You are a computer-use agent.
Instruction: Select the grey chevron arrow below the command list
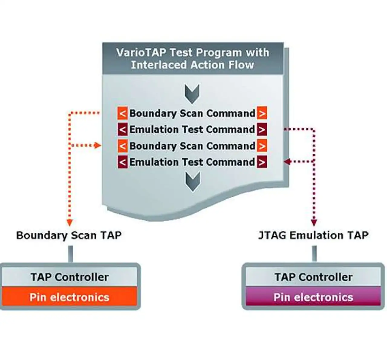point(193,182)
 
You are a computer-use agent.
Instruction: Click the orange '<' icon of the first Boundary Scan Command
point(122,113)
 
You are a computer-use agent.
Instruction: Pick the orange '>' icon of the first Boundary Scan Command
point(262,113)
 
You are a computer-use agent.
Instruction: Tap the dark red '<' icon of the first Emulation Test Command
point(122,129)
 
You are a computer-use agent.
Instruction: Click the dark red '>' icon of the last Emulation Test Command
point(262,162)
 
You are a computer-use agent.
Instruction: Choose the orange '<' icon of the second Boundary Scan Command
point(122,146)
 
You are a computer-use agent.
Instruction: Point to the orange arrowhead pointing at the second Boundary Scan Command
point(98,145)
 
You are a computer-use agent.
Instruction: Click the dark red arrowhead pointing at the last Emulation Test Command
point(288,162)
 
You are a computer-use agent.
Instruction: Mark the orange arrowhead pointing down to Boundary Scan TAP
point(70,223)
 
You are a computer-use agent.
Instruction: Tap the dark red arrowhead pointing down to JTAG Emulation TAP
point(314,223)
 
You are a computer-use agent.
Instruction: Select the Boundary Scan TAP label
point(69,235)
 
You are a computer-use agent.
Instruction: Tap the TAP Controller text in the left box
point(70,277)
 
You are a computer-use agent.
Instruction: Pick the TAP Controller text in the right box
point(314,277)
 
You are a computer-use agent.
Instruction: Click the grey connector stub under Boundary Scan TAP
point(70,254)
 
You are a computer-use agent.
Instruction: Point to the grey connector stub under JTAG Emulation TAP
point(314,254)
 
